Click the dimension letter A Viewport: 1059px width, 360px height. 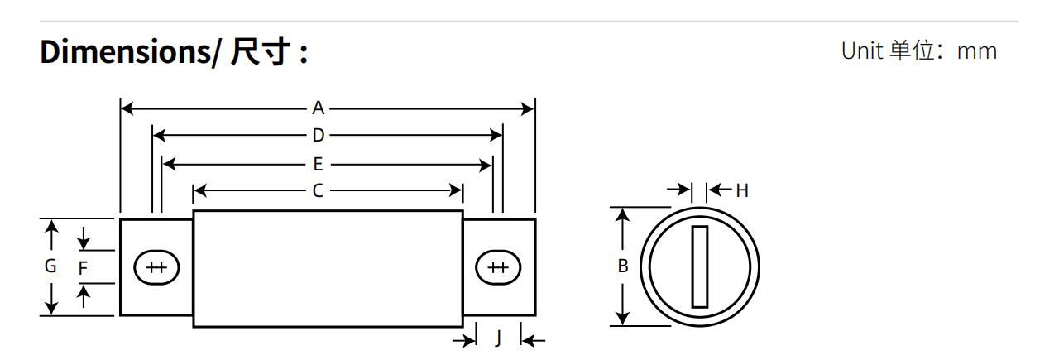[318, 108]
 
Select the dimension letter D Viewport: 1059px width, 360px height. [318, 136]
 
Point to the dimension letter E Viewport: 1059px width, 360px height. [318, 164]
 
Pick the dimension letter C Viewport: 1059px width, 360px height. [318, 191]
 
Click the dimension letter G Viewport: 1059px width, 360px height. [50, 266]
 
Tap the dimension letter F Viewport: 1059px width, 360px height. [83, 267]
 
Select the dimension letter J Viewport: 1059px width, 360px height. [497, 339]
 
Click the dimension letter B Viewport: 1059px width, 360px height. [623, 266]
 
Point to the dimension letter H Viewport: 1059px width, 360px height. [742, 190]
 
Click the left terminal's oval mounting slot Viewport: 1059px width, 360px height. [156, 267]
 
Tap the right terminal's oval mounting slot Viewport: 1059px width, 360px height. [498, 267]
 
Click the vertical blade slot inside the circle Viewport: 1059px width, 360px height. [700, 266]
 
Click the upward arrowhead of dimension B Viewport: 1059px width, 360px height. [623, 214]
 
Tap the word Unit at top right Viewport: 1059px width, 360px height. [861, 51]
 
